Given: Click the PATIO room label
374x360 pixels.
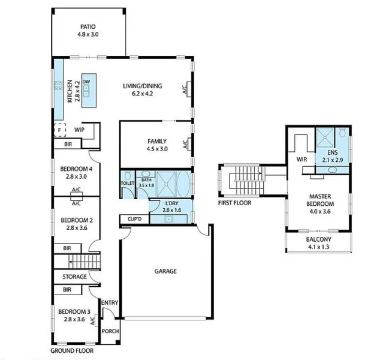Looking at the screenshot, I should click(89, 27).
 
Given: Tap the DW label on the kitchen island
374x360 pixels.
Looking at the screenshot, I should click(86, 81).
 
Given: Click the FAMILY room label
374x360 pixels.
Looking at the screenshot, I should click(157, 142).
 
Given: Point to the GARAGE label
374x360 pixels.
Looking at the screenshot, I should click(165, 271).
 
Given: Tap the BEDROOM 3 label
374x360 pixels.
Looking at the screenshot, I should click(74, 311).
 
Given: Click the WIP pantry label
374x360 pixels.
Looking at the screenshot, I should click(79, 129).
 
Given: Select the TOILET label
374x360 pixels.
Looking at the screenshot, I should click(127, 183).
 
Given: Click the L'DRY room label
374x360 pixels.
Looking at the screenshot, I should click(173, 205).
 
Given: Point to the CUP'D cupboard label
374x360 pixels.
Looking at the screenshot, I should click(134, 219).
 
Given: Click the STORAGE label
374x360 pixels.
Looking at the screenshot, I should click(74, 277).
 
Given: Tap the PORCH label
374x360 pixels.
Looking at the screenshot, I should click(110, 331).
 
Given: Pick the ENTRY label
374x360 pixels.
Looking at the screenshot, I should click(110, 303).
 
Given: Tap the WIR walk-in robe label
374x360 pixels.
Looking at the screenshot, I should click(301, 160).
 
